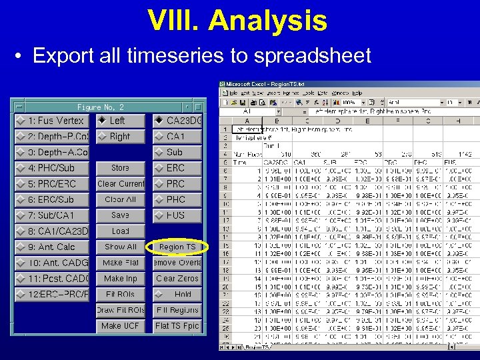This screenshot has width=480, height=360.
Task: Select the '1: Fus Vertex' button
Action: [x=51, y=121]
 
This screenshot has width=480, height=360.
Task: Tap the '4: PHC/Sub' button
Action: [x=51, y=168]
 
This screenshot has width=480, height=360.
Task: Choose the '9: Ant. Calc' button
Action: [x=51, y=247]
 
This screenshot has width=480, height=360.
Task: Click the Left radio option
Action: [x=120, y=121]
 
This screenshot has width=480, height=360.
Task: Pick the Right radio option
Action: [x=120, y=137]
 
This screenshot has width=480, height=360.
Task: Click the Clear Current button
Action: [x=120, y=184]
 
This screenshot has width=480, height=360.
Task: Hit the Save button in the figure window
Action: [x=120, y=215]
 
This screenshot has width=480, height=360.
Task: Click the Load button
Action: [x=120, y=231]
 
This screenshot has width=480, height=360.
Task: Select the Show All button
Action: [x=120, y=247]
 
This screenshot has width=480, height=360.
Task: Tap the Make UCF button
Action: [x=120, y=326]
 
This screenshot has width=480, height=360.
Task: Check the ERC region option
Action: [x=177, y=168]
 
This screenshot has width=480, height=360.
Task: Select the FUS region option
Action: [x=177, y=215]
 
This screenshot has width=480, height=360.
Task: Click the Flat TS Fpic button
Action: [x=177, y=326]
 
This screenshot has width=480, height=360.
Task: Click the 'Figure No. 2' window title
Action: [x=100, y=107]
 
